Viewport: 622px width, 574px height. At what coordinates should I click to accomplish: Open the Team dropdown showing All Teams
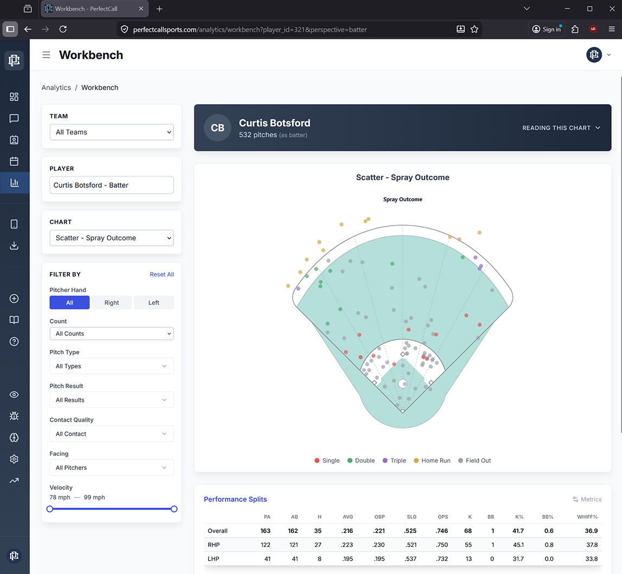tap(111, 132)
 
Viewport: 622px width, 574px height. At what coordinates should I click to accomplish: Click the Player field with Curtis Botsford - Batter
tap(111, 185)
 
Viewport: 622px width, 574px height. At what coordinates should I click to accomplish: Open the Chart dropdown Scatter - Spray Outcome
tap(111, 238)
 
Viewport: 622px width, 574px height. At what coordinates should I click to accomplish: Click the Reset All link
tap(162, 275)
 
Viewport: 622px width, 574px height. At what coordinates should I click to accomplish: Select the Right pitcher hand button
tap(112, 303)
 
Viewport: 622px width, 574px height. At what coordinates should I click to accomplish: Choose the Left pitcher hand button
tap(154, 303)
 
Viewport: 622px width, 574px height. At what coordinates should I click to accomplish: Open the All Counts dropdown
tap(111, 334)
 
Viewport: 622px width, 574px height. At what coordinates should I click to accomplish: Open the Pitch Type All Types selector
tap(111, 366)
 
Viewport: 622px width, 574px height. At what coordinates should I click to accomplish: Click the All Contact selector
tap(111, 434)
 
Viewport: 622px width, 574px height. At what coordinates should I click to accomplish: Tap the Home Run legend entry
tap(432, 461)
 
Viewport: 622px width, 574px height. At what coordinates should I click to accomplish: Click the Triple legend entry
tap(394, 461)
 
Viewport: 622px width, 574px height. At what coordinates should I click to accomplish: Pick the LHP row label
tap(214, 559)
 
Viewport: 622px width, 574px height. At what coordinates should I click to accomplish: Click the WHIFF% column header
tap(588, 516)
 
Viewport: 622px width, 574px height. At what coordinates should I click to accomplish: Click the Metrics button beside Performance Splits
tap(587, 499)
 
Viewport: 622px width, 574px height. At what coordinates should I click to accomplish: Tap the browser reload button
tap(63, 29)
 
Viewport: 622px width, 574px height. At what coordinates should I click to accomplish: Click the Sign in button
tap(547, 29)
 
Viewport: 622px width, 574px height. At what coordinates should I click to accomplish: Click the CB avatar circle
tap(218, 128)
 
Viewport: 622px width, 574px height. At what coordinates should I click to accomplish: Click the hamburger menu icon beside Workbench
tap(47, 55)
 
